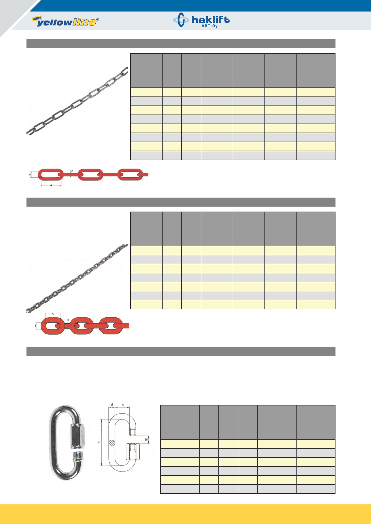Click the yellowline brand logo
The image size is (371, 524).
click(65, 21)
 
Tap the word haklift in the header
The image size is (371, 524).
click(210, 20)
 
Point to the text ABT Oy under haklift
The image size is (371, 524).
click(210, 26)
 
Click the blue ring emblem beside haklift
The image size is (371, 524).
click(181, 20)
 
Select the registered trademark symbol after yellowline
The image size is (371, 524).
click(98, 19)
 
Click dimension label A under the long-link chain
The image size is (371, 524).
click(51, 185)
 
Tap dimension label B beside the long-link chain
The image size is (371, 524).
click(30, 175)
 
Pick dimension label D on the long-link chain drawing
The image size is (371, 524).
click(72, 171)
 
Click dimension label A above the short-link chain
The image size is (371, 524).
click(53, 314)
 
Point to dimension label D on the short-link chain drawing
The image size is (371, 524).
click(68, 320)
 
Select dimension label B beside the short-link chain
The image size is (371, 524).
click(36, 325)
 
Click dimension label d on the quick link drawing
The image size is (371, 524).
click(112, 405)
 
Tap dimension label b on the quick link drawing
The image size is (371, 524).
click(122, 405)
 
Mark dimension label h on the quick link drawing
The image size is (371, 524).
click(99, 442)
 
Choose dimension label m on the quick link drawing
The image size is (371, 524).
click(146, 440)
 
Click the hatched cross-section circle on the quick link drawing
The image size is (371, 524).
click(112, 442)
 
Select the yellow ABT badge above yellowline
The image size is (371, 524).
click(37, 18)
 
